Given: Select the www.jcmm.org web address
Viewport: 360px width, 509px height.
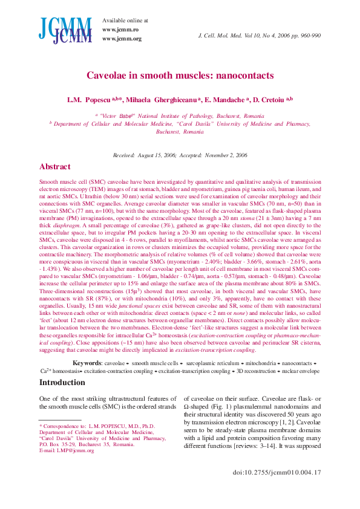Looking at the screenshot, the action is [121, 39].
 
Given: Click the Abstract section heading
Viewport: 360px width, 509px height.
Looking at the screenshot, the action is [59, 166].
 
